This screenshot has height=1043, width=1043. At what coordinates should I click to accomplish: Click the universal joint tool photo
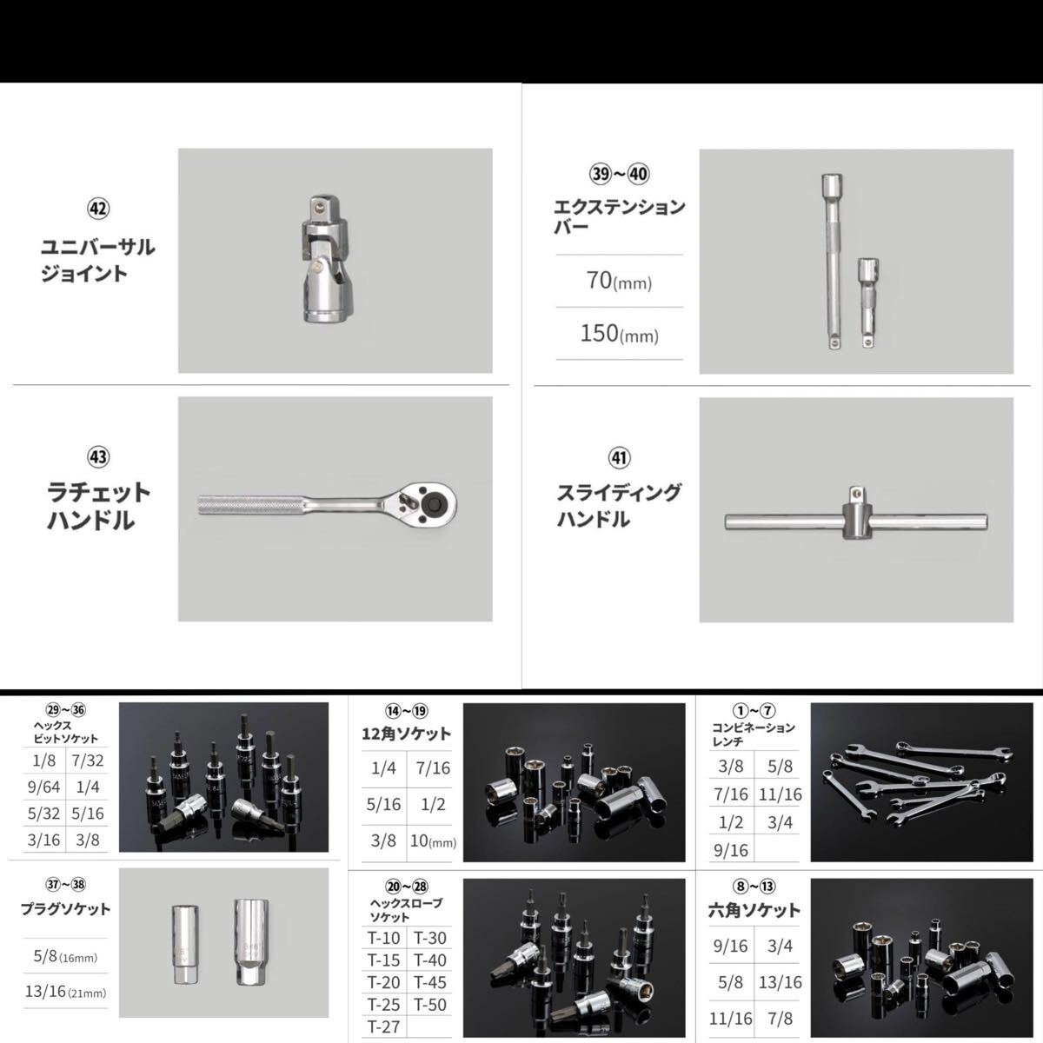pos(324,260)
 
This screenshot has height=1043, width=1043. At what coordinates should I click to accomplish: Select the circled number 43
pos(98,457)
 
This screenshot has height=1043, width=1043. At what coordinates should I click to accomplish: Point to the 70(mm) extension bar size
pos(619,282)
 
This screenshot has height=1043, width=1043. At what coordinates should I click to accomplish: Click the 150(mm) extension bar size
pos(619,334)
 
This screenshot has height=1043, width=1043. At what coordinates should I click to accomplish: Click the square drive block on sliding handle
pos(856,521)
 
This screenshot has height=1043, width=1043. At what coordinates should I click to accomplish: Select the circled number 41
pos(619,457)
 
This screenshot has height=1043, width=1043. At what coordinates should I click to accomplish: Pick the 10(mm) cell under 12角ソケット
pos(433,841)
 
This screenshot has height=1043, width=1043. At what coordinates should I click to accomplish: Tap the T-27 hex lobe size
pos(383,1026)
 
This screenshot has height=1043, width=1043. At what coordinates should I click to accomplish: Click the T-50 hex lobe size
pos(430,1005)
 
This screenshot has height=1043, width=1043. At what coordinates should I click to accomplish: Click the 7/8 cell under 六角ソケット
pos(780,1018)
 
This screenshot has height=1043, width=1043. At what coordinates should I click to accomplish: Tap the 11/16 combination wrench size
pos(780,794)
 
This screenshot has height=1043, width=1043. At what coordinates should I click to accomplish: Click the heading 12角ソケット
pos(406,734)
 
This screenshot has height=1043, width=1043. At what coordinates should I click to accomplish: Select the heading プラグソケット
pos(65,909)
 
